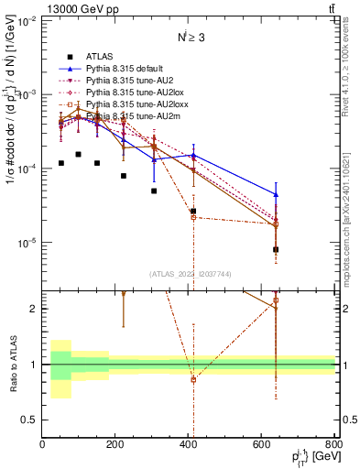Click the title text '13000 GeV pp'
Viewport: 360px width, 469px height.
75,8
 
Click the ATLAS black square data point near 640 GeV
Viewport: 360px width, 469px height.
276,249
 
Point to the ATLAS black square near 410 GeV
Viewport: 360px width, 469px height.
193,211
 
